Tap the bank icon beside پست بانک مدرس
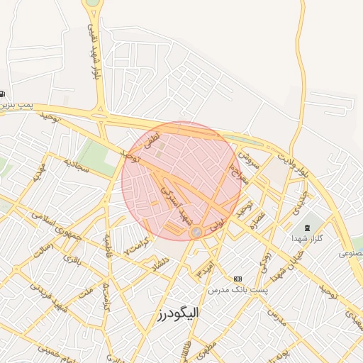click(238, 279)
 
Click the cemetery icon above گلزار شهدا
click(306, 228)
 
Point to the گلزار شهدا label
click(308, 239)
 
